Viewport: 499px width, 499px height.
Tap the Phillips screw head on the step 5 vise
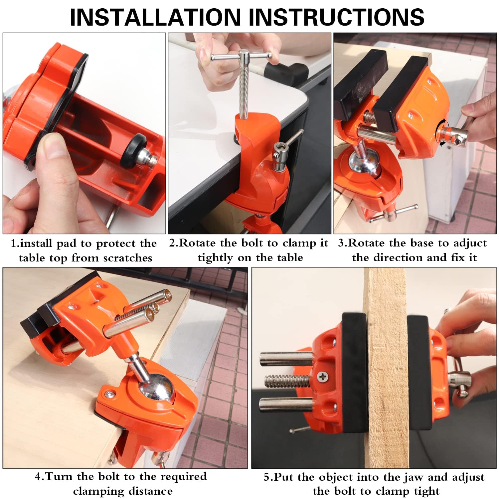click(322, 377)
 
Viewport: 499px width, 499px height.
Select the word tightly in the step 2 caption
click(215, 258)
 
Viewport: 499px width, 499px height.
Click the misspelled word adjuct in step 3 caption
click(470, 243)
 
